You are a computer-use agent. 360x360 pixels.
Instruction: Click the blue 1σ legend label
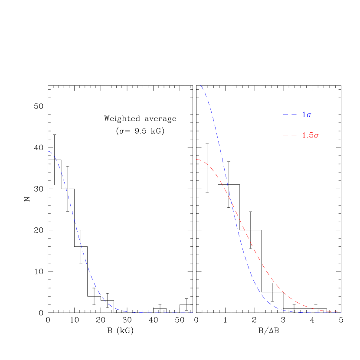(x=307, y=115)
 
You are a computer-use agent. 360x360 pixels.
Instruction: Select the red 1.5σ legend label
(x=310, y=136)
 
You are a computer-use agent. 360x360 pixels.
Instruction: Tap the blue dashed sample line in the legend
(x=290, y=115)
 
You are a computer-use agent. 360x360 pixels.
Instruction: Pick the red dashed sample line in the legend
(x=290, y=135)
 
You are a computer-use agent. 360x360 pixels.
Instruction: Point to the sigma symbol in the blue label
(x=309, y=115)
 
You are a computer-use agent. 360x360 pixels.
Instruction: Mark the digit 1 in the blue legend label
(x=304, y=115)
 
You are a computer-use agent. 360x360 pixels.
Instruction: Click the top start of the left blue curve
(x=49, y=151)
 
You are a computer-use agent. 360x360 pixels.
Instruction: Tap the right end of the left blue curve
(x=193, y=312)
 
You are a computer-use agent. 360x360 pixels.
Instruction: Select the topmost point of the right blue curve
(x=200, y=86)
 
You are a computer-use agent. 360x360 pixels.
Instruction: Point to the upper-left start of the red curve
(x=197, y=160)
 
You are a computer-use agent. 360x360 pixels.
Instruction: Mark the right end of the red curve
(x=340, y=312)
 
